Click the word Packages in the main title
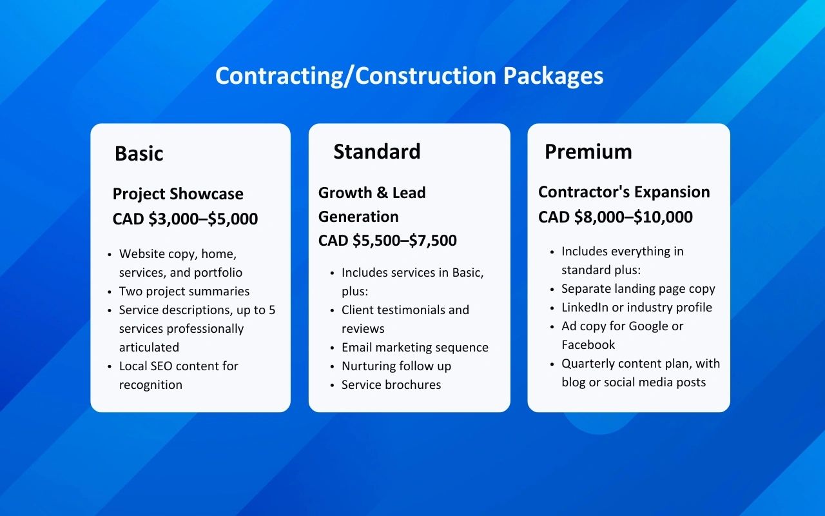coord(553,76)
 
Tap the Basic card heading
coord(139,154)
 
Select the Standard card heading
coord(377,152)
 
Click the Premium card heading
coord(588,152)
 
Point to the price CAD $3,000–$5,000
coord(185,219)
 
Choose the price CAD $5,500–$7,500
coord(387,241)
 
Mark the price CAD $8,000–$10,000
coord(616,217)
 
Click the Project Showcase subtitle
coord(178,194)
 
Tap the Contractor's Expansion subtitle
coord(624,192)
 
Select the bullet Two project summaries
coord(184,292)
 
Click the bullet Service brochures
coord(391,385)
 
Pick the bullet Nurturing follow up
coord(396,366)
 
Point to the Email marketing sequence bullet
coord(415,348)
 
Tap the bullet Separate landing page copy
coord(638,289)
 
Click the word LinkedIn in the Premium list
coord(585,308)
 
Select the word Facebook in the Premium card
coord(588,345)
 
